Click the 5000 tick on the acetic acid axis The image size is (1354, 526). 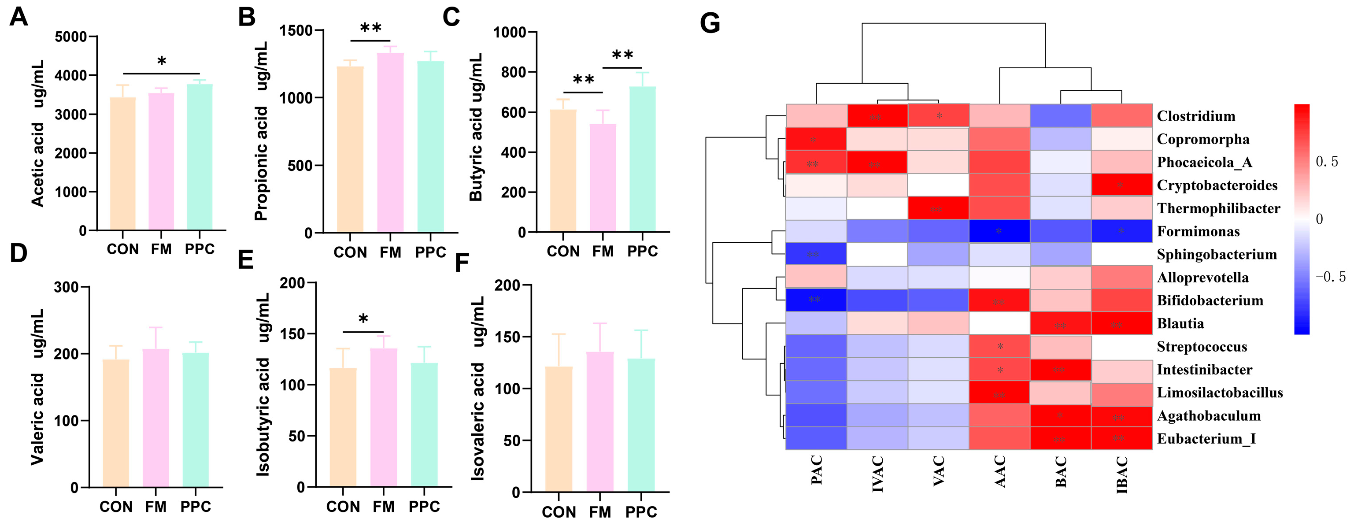(x=71, y=37)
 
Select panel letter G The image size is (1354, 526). (x=710, y=24)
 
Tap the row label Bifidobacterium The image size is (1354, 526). (x=1210, y=300)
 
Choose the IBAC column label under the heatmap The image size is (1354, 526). (x=1122, y=475)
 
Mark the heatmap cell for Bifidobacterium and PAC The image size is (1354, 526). (x=816, y=300)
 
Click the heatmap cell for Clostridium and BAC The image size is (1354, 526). (x=1060, y=115)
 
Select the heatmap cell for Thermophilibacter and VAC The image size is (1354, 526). (x=938, y=208)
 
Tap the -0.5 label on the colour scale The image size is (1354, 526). (x=1330, y=277)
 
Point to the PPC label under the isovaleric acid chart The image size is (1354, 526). (x=641, y=512)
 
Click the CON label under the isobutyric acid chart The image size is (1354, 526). (x=343, y=507)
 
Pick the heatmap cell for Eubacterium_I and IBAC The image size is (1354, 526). (x=1121, y=438)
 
